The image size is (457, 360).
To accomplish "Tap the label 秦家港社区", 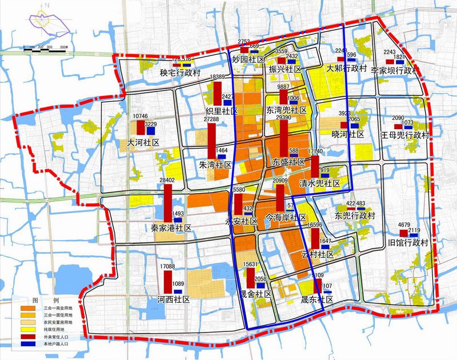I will click(x=171, y=227).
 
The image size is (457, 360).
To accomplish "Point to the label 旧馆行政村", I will click(x=408, y=242).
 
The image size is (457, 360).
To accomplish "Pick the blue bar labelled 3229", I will click(x=151, y=130).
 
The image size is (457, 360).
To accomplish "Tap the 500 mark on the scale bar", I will click(x=63, y=47).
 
